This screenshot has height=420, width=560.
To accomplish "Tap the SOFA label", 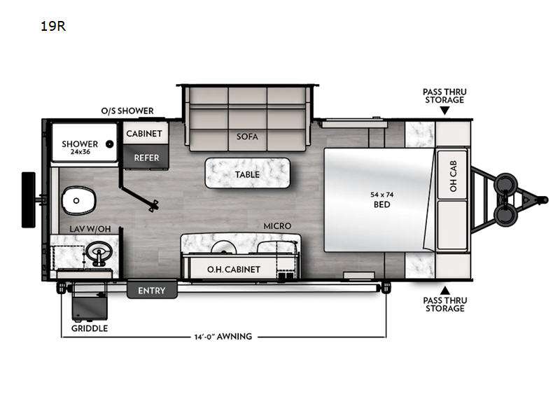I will [246, 136].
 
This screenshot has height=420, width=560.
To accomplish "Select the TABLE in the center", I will [246, 174].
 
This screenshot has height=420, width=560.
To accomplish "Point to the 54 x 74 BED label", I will [382, 199].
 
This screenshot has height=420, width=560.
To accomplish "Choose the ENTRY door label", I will [151, 290].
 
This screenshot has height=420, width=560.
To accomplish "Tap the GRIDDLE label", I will [90, 328].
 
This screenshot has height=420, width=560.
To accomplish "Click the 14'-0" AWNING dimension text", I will [223, 337].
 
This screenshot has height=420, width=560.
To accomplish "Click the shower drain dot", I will [110, 144].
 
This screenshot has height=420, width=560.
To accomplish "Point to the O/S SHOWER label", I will [126, 111].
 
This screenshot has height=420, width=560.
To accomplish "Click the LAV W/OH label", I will [90, 229].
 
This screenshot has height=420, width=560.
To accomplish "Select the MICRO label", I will [277, 226].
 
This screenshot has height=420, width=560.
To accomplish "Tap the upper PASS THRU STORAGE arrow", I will [444, 112].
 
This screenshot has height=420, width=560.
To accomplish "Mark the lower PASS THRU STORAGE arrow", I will [444, 289].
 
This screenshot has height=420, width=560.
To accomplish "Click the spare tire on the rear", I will [29, 199].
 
